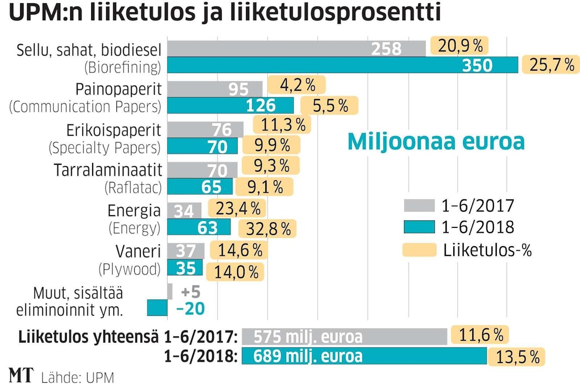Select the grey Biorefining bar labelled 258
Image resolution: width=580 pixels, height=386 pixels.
click(296, 49)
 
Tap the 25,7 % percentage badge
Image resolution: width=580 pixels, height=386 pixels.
click(551, 65)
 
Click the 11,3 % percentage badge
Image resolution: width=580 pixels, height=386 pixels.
click(282, 124)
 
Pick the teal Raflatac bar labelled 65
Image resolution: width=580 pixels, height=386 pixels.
click(200, 187)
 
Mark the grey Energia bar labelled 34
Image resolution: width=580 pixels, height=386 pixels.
click(184, 211)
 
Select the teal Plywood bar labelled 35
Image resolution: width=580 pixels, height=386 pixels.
click(185, 268)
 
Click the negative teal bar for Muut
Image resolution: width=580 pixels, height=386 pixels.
click(157, 308)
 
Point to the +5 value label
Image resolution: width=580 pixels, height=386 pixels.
click(190, 292)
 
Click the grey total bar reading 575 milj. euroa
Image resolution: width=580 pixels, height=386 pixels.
click(344, 336)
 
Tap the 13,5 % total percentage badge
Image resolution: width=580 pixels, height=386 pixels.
click(516, 357)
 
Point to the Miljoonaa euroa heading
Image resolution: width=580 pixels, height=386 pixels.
click(435, 142)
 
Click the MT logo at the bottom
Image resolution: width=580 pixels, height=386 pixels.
click(21, 375)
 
